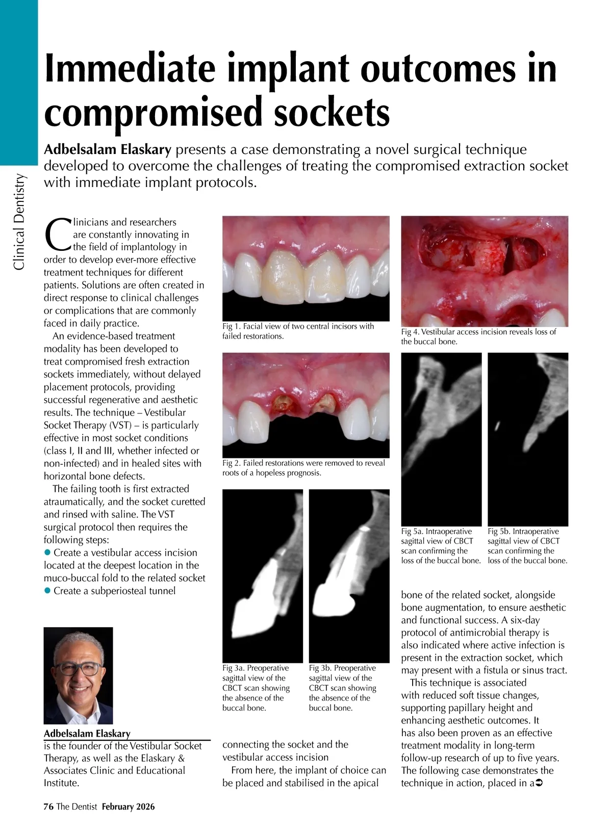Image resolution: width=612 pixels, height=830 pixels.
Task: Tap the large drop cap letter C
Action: coord(57,235)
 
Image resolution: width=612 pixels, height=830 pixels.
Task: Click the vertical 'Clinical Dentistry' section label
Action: coord(19,221)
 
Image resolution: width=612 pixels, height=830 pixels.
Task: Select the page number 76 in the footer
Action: coord(48,807)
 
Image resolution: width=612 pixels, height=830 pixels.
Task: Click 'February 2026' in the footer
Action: coord(128,807)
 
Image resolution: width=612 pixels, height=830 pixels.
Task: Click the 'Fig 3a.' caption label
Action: coord(234,668)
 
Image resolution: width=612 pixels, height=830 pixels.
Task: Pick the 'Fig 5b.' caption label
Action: coord(499,531)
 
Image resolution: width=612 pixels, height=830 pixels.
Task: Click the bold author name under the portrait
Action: coord(87,734)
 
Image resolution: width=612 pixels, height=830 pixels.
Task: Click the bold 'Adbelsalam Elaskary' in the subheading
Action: coord(108,149)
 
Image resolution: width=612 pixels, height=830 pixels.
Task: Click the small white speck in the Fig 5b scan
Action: coord(497,425)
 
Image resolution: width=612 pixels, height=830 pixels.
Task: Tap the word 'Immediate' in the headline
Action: coord(130,69)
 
